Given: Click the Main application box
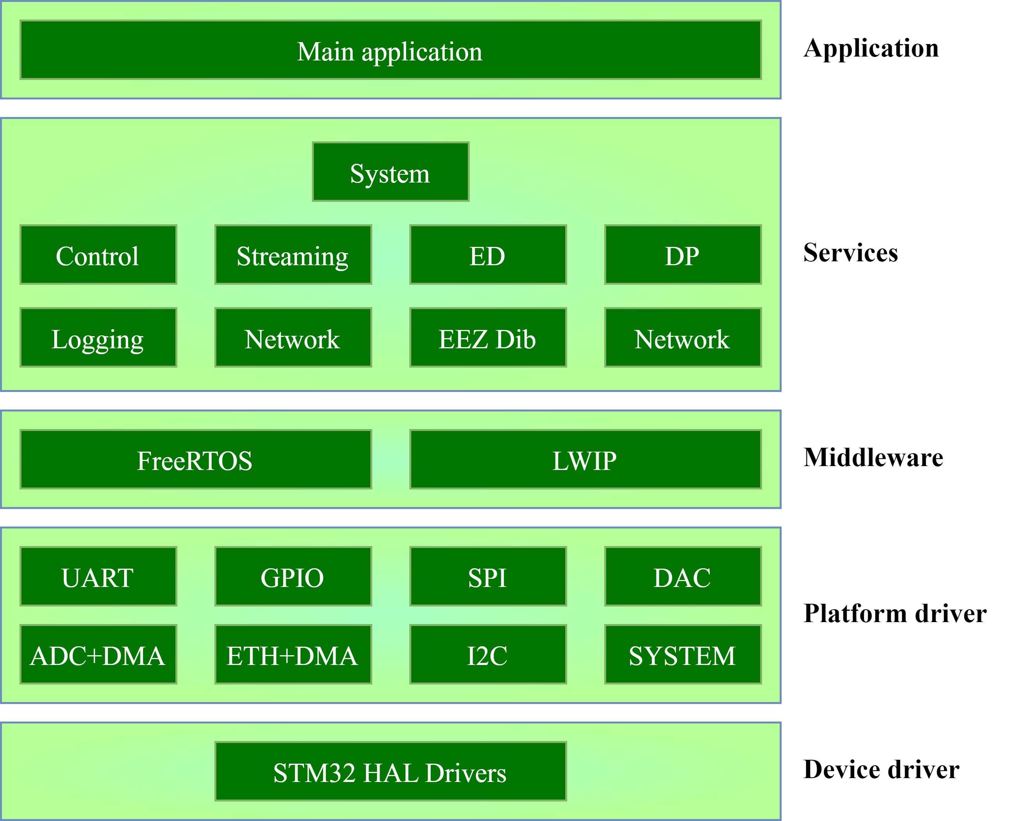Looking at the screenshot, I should [390, 50].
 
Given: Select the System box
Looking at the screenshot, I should [390, 172].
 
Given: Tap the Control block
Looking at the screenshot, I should [98, 255].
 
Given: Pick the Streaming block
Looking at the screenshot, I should [293, 255].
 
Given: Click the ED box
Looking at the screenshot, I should [488, 255].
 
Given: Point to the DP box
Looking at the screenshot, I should [683, 255].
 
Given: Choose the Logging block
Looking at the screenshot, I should [98, 338].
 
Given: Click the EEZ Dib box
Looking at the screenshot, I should [488, 338].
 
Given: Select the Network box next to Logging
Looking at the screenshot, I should [293, 338].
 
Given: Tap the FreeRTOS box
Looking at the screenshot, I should [195, 459].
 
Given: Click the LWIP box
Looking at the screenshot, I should [585, 459].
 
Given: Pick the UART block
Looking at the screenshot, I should [98, 576].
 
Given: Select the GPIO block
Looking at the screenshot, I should [293, 576].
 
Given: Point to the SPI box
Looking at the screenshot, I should [488, 576].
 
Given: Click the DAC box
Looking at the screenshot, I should [683, 576].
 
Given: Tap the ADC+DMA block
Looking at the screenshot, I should [98, 654].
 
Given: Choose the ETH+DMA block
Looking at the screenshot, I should [293, 654].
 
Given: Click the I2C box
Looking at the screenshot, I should [488, 654].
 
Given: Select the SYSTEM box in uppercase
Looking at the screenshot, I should [683, 654].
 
